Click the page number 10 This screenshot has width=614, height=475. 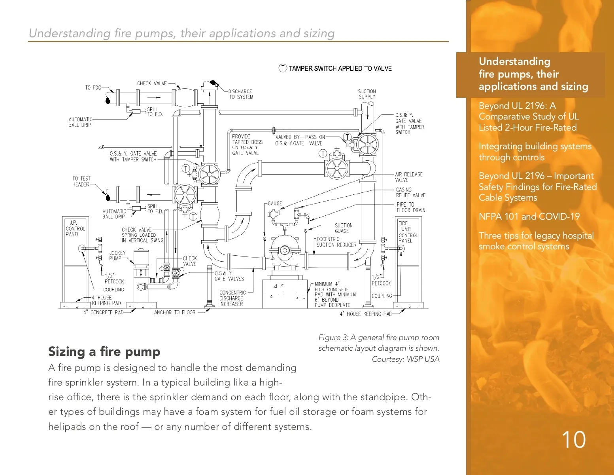pyautogui.click(x=573, y=440)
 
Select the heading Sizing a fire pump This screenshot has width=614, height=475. pyautogui.click(x=104, y=351)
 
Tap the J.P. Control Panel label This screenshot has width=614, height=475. pyautogui.click(x=75, y=228)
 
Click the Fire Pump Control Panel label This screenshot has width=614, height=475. pyautogui.click(x=408, y=232)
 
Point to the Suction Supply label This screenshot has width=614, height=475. pyautogui.click(x=367, y=94)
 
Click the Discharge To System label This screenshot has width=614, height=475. pyautogui.click(x=240, y=94)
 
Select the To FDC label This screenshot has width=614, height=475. pyautogui.click(x=93, y=87)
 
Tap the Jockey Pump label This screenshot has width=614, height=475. pyautogui.click(x=117, y=256)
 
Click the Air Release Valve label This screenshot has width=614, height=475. pyautogui.click(x=409, y=177)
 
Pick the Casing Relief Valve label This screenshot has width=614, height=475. pyautogui.click(x=410, y=192)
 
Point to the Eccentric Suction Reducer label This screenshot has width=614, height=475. pyautogui.click(x=336, y=242)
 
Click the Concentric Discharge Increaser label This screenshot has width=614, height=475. pyautogui.click(x=232, y=298)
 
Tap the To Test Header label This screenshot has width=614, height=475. pyautogui.click(x=81, y=181)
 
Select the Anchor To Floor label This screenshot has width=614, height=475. pyautogui.click(x=174, y=312)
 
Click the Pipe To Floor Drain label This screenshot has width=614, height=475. pyautogui.click(x=411, y=207)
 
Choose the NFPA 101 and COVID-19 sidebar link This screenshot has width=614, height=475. pyautogui.click(x=529, y=217)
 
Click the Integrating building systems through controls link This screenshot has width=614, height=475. pyautogui.click(x=535, y=152)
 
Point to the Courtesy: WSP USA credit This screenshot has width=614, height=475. pyautogui.click(x=405, y=359)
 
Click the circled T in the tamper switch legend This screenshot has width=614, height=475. pyautogui.click(x=283, y=68)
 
